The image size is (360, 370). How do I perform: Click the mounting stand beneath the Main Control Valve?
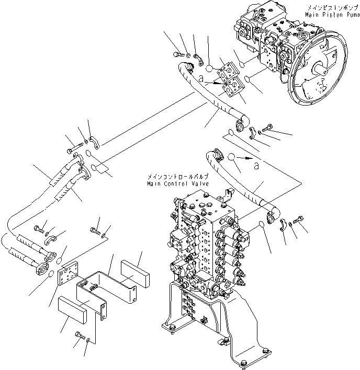(220, 324)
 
